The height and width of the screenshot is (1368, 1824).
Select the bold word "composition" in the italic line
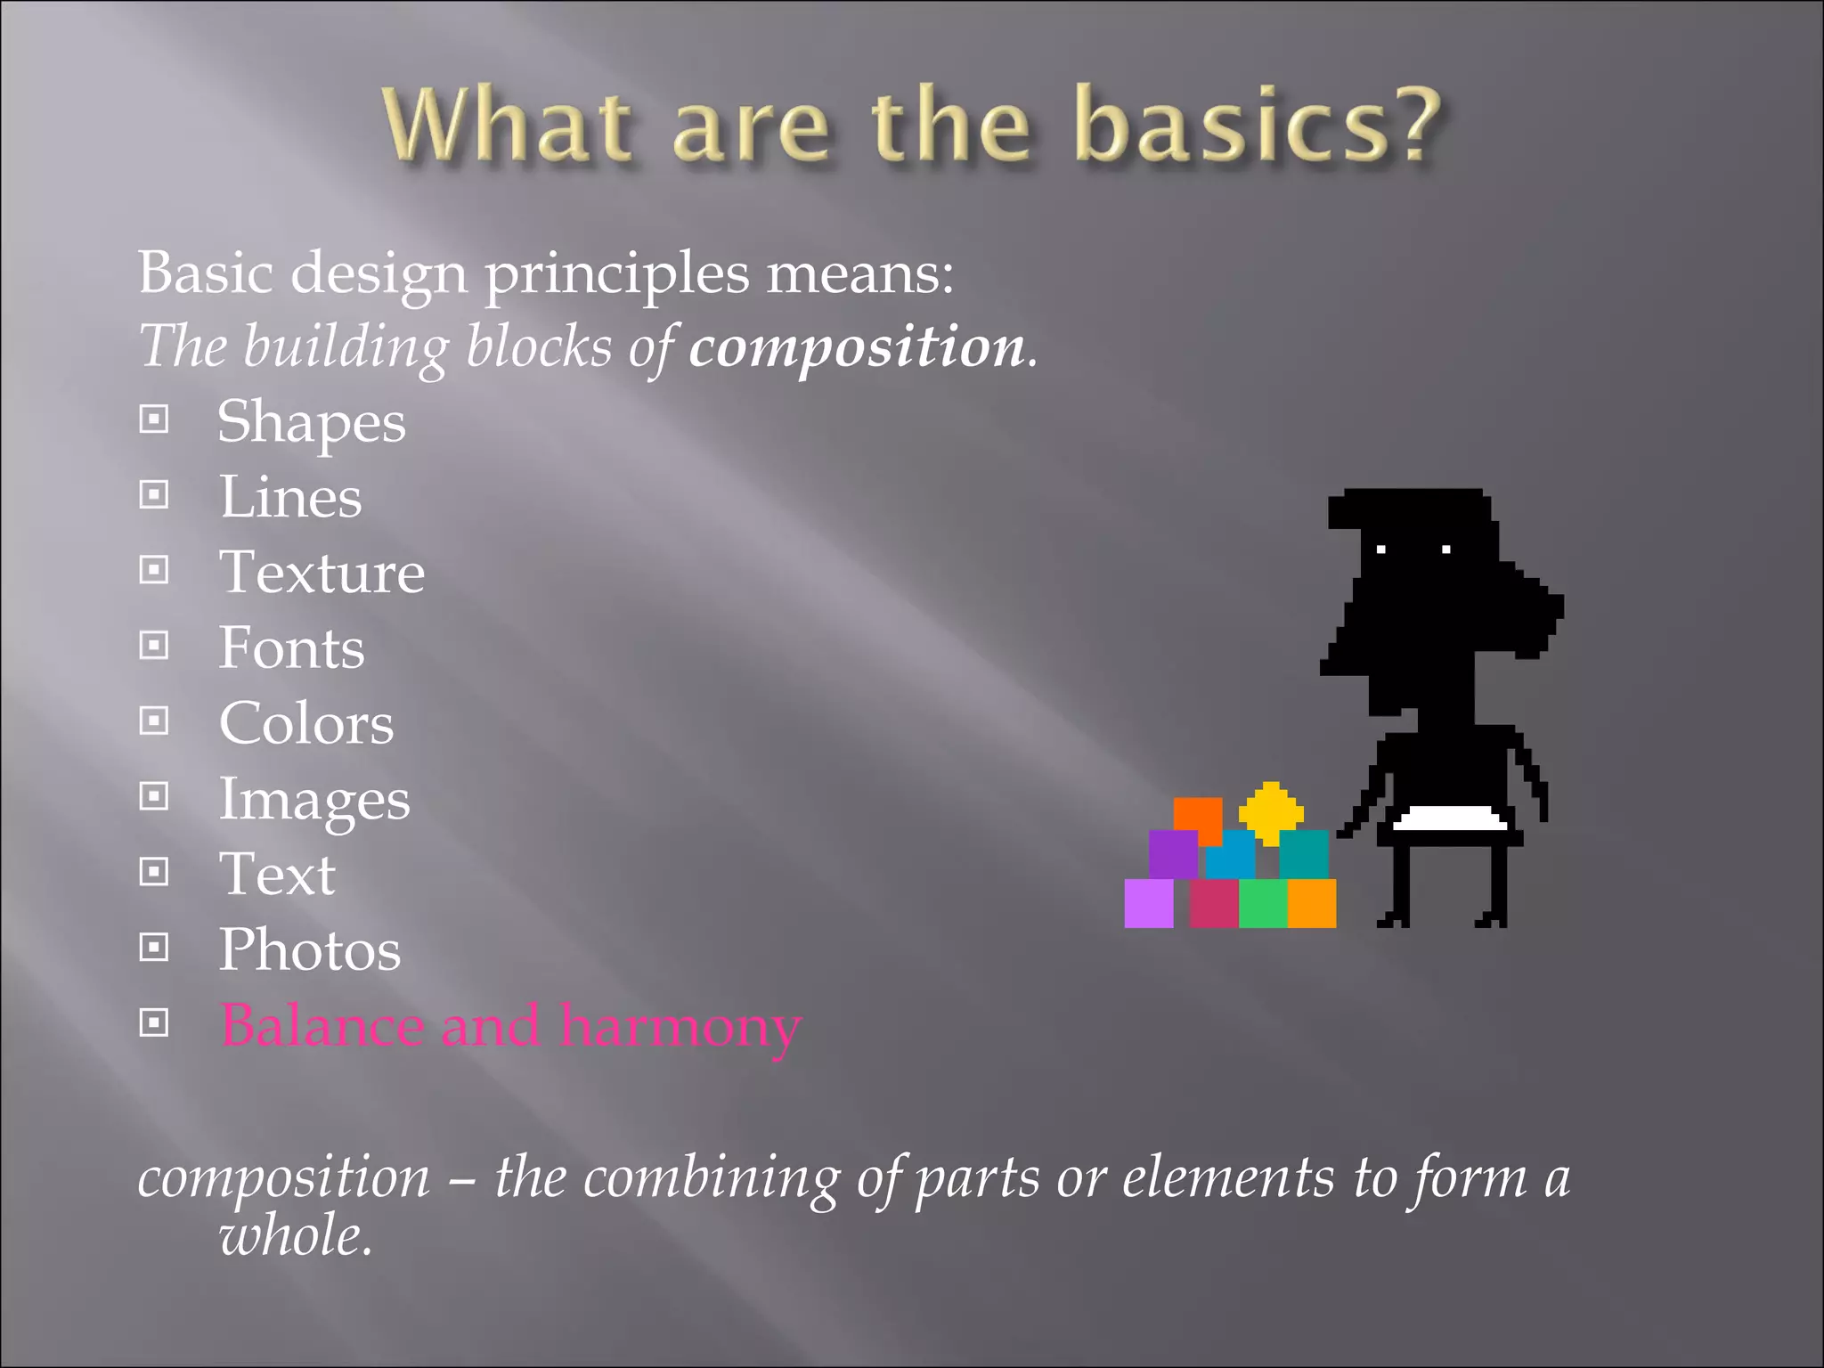click(x=857, y=346)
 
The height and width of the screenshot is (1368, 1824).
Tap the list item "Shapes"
click(x=312, y=421)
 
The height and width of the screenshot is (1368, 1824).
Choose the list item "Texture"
click(x=322, y=572)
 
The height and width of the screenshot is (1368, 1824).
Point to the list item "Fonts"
click(x=292, y=647)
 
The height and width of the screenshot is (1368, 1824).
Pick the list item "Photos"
click(x=310, y=949)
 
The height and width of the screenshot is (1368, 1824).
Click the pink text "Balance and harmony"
click(x=511, y=1026)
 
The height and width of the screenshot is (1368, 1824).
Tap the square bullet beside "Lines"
click(x=154, y=494)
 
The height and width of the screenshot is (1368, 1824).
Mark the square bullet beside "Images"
click(x=154, y=796)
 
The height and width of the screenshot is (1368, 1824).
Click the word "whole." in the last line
click(x=296, y=1236)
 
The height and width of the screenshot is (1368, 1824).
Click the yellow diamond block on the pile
click(x=1271, y=811)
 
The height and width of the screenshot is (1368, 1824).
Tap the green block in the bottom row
click(x=1263, y=903)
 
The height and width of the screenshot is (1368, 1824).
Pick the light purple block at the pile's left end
click(x=1149, y=903)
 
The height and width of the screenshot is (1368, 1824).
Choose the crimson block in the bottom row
click(x=1213, y=903)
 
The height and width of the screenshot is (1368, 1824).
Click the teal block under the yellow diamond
click(x=1304, y=853)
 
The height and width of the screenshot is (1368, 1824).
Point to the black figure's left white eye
click(x=1381, y=550)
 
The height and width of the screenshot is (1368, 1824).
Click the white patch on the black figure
click(x=1450, y=818)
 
